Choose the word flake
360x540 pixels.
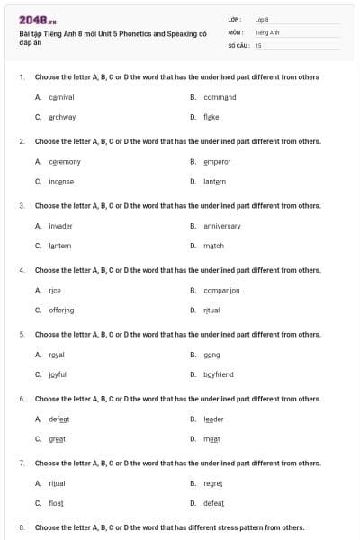point(211,117)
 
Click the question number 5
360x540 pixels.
point(22,334)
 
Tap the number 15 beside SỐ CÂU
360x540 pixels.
point(258,44)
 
